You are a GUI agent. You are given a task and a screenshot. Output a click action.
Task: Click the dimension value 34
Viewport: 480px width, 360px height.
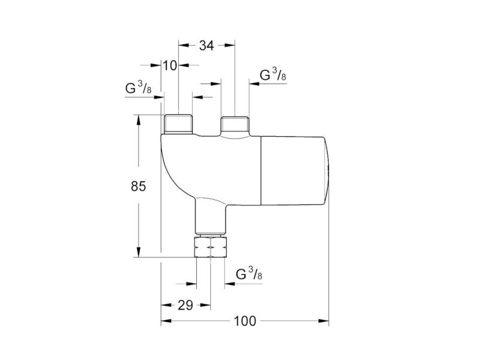pos(206,46)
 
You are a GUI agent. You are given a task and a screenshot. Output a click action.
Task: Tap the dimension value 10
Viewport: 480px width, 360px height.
pos(170,65)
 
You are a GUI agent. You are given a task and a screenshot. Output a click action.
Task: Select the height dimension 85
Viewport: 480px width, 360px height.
pos(139,186)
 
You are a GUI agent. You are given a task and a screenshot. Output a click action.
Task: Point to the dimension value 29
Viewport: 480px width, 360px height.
pos(185,305)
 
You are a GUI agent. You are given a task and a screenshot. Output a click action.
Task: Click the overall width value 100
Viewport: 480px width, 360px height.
pos(245,321)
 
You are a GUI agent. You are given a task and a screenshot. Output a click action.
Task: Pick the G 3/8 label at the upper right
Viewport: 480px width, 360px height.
pos(273,75)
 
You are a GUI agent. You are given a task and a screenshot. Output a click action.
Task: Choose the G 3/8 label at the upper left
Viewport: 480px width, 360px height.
pos(138,88)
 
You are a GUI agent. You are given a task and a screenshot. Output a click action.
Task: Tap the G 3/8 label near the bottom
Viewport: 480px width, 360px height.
pos(249,274)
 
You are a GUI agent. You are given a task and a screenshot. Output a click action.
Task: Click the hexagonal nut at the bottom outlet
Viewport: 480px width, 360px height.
pos(211,247)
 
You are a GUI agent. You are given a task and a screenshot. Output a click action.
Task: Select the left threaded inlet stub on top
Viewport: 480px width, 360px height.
pos(178,124)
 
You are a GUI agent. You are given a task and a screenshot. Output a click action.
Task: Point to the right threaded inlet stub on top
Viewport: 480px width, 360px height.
pos(235,124)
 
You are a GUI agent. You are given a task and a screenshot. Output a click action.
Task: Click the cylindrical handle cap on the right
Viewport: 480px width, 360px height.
pos(295,171)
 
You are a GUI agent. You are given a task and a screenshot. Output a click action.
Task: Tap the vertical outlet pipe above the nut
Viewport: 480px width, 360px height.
pos(211,218)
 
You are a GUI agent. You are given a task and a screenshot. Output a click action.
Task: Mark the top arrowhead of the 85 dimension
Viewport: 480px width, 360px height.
pos(139,120)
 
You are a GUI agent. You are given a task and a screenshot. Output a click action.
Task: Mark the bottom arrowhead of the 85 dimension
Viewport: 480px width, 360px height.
pos(139,252)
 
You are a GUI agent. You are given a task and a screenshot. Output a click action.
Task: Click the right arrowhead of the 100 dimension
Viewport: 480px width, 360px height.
pos(323,321)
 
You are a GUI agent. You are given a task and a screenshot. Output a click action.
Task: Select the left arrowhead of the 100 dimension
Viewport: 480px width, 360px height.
pos(166,321)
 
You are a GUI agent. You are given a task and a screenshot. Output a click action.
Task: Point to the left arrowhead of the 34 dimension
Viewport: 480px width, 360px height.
pos(184,46)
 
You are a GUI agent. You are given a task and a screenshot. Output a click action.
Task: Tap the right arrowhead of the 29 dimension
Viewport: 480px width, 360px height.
pos(205,305)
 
